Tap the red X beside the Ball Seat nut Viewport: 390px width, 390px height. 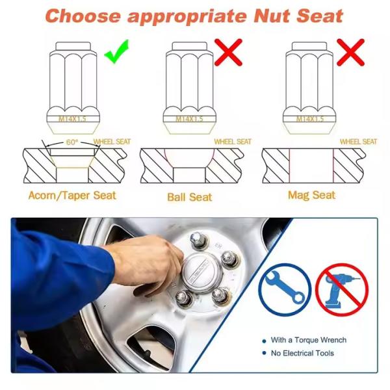(x=228, y=52)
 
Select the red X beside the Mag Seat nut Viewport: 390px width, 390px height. (x=350, y=52)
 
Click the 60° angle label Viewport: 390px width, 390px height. (x=72, y=142)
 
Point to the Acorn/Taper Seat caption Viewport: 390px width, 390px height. (x=72, y=195)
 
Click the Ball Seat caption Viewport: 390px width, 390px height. (x=190, y=197)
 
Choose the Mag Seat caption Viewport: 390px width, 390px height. (x=311, y=195)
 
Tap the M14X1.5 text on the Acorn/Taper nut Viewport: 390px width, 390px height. (x=72, y=119)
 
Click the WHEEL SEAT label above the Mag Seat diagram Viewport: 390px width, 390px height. (x=358, y=142)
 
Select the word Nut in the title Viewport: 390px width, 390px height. (x=272, y=16)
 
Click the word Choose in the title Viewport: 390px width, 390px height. (x=83, y=16)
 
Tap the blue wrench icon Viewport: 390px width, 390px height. (x=285, y=290)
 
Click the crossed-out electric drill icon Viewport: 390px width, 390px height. (x=342, y=290)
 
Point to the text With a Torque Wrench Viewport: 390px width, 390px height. (x=308, y=340)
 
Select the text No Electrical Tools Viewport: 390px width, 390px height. (x=302, y=353)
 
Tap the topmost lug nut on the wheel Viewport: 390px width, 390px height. (x=198, y=240)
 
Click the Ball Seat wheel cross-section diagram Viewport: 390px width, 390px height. (x=192, y=166)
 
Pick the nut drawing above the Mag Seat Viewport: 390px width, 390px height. (x=309, y=88)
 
